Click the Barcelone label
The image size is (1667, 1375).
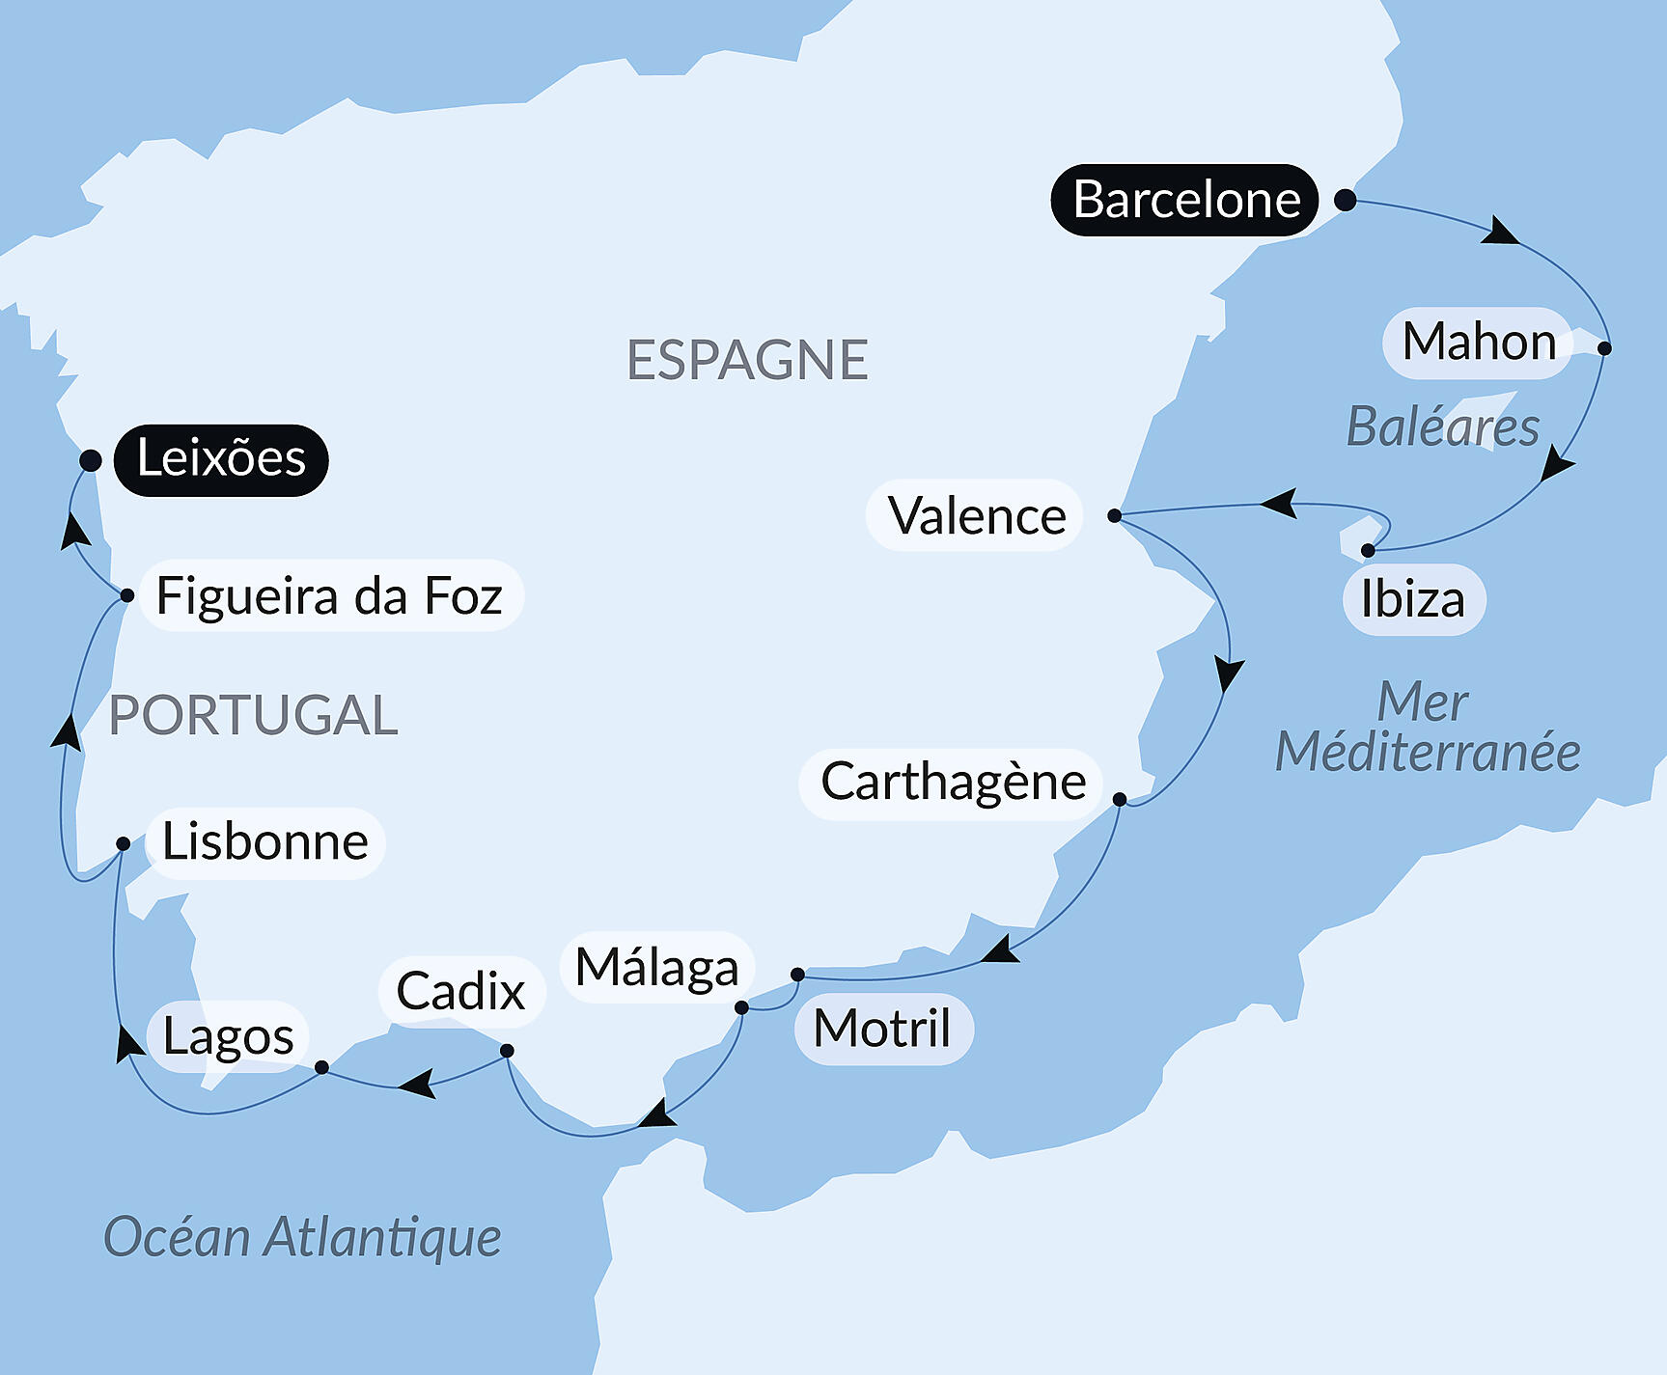(x=1185, y=200)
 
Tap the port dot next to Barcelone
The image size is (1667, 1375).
(x=1345, y=201)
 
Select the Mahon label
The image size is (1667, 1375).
(x=1478, y=343)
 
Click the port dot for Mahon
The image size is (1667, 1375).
(x=1604, y=348)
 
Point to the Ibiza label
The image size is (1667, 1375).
(x=1413, y=599)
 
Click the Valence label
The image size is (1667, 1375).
(x=975, y=515)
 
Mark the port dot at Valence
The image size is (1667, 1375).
(x=1114, y=515)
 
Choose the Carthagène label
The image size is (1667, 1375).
(x=953, y=783)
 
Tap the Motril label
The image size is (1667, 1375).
(x=882, y=1029)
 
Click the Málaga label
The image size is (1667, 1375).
(x=656, y=967)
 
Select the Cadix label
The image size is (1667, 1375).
(x=460, y=991)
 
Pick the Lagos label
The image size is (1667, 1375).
(x=228, y=1036)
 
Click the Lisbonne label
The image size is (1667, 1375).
(x=264, y=841)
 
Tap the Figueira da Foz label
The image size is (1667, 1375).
(x=329, y=595)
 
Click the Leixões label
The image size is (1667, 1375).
(x=221, y=459)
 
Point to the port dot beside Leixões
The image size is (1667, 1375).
(x=91, y=460)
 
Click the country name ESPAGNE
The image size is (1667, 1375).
(x=747, y=360)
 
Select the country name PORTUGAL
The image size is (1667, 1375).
(x=253, y=715)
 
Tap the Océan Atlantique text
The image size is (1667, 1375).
(x=302, y=1237)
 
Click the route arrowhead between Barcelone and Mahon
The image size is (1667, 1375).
(x=1500, y=232)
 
